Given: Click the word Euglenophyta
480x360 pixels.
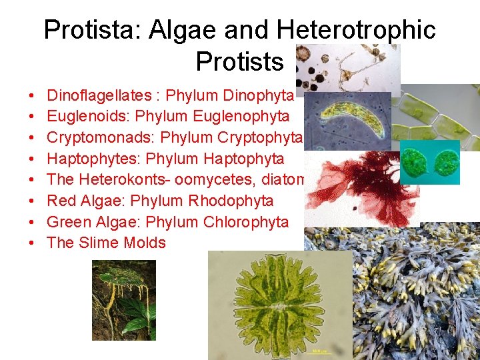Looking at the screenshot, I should (x=241, y=117).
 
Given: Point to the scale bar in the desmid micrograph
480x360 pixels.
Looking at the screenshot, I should (x=321, y=349).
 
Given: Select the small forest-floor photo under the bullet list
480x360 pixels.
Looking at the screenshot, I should (x=123, y=300).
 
